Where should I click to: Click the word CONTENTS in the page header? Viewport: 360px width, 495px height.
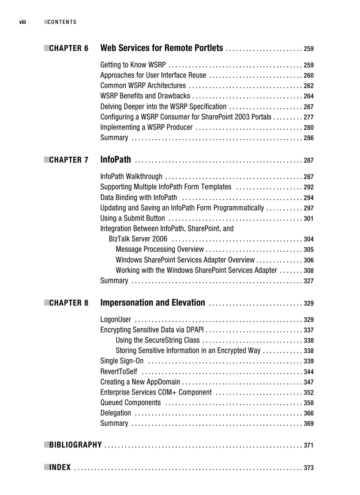pyautogui.click(x=62, y=22)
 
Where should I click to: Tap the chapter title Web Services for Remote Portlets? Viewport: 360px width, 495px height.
pyautogui.click(x=161, y=48)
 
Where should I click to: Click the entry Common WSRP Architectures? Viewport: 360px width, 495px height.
pyautogui.click(x=143, y=86)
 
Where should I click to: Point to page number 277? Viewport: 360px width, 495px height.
pyautogui.click(x=308, y=117)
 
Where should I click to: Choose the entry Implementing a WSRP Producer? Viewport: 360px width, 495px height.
pyautogui.click(x=146, y=127)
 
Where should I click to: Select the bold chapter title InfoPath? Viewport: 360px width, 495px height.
pyautogui.click(x=116, y=160)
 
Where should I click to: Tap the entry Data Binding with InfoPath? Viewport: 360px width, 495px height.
pyautogui.click(x=139, y=197)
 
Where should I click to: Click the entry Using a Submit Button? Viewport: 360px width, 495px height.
pyautogui.click(x=132, y=218)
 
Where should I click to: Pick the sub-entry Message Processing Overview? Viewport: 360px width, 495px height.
pyautogui.click(x=160, y=249)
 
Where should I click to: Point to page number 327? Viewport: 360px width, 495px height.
pyautogui.click(x=308, y=281)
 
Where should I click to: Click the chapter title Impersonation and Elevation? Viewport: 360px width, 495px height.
pyautogui.click(x=153, y=303)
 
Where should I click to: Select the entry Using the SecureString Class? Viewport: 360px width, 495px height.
pyautogui.click(x=157, y=340)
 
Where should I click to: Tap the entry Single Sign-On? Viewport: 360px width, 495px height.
pyautogui.click(x=122, y=361)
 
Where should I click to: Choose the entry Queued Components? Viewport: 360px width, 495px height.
pyautogui.click(x=131, y=402)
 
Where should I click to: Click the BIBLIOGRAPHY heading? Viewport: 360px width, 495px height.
pyautogui.click(x=75, y=445)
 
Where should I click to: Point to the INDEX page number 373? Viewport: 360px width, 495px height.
pyautogui.click(x=308, y=468)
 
